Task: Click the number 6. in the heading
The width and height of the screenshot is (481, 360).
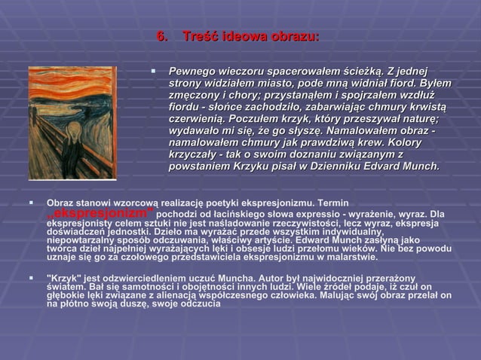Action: [x=161, y=37]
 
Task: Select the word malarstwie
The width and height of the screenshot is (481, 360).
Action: [x=358, y=258]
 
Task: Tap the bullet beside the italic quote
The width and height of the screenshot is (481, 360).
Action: [x=152, y=71]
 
